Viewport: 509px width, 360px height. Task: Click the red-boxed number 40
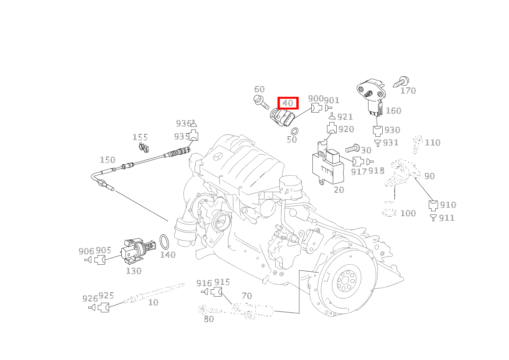(x=288, y=103)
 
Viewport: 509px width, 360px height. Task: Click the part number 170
(x=408, y=91)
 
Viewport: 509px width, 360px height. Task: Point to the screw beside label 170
(x=401, y=82)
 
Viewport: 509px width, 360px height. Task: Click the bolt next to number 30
(x=352, y=148)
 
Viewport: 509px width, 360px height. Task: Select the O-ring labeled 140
(x=165, y=242)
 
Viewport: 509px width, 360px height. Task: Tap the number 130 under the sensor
(x=134, y=271)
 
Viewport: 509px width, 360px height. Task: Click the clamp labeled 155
(x=144, y=146)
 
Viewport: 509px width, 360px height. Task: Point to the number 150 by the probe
(x=107, y=160)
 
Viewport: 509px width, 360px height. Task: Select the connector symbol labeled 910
(x=433, y=205)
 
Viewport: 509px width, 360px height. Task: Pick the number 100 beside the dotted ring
(x=408, y=213)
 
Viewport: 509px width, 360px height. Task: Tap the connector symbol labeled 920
(x=332, y=129)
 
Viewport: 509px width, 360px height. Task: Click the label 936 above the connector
(x=183, y=123)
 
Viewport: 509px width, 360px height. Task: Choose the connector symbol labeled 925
(x=104, y=307)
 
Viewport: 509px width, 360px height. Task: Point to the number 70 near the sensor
(x=247, y=296)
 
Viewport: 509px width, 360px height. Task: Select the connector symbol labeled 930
(x=378, y=130)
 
